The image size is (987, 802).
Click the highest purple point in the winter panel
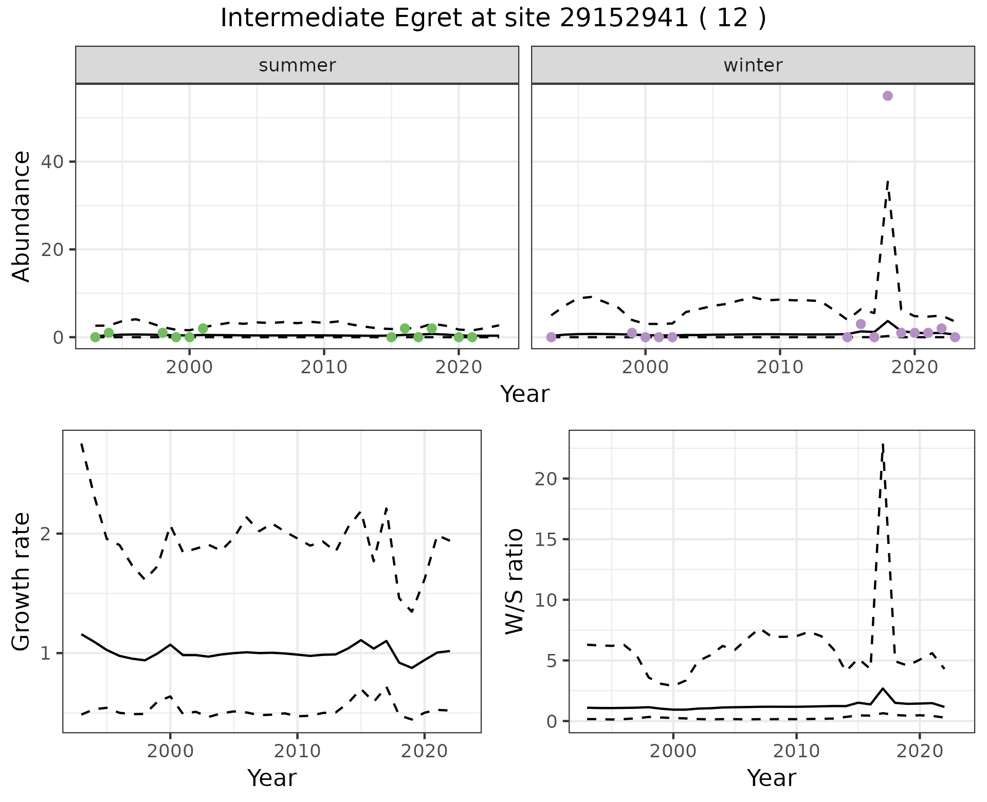tap(887, 96)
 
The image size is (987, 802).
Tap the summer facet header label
tap(297, 65)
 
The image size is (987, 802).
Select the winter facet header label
tap(753, 65)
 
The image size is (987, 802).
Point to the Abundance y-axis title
tap(22, 216)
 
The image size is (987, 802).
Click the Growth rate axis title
tap(22, 581)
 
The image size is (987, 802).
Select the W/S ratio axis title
tap(514, 581)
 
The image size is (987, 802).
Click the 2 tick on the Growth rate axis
tap(46, 534)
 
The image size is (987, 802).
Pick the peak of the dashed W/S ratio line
tap(883, 443)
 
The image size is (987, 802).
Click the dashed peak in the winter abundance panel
tap(888, 181)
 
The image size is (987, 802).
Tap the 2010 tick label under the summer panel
tap(324, 368)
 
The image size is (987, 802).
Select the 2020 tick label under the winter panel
tap(914, 368)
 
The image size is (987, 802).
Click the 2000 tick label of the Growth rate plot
tap(170, 751)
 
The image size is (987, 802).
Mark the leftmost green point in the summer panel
tap(95, 337)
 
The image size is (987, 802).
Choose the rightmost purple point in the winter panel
tap(955, 337)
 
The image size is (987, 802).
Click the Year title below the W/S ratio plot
tap(771, 778)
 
